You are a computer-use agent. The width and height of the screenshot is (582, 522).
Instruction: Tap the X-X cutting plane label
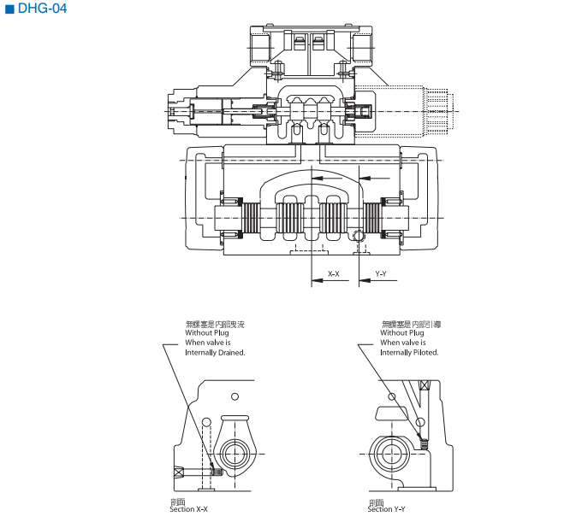point(334,274)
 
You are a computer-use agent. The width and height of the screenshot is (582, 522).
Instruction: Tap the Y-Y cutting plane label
point(381,274)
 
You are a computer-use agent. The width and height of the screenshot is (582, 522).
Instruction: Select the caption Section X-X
point(188,509)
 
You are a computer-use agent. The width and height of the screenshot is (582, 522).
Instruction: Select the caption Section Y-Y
point(387,509)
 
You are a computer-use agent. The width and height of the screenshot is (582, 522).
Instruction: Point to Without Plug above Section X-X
point(206,333)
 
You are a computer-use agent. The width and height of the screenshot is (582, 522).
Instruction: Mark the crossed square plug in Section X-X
point(179,472)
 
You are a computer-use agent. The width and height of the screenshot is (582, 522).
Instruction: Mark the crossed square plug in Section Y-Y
point(423,388)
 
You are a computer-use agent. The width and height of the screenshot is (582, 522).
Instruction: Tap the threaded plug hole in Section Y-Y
point(421,441)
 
